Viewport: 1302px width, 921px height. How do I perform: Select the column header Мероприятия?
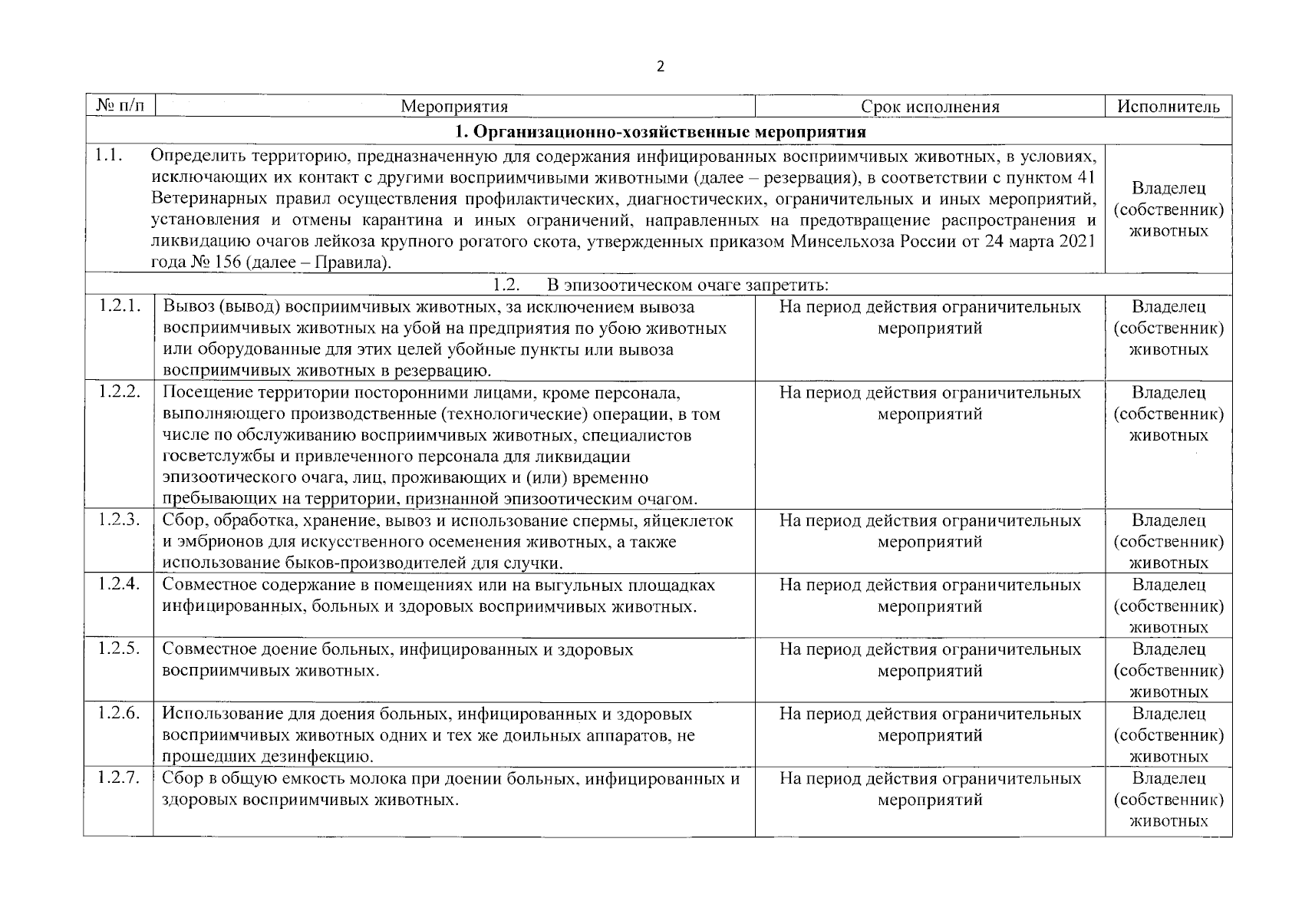pos(454,107)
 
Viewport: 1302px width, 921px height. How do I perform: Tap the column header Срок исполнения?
pos(930,107)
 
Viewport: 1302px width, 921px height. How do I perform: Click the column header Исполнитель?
pos(1168,107)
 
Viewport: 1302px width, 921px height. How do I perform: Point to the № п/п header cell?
pos(120,106)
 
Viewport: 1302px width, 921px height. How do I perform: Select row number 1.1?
pos(109,155)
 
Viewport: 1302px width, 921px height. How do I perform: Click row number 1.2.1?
pos(120,307)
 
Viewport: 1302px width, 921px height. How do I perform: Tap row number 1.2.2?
pos(120,392)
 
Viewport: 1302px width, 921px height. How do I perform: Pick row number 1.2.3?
pos(120,520)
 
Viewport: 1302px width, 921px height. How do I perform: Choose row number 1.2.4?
pos(120,585)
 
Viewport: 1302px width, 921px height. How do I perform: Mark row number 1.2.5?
pos(120,649)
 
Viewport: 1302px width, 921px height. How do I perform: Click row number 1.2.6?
pos(120,714)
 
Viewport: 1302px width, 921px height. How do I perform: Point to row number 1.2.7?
pos(120,778)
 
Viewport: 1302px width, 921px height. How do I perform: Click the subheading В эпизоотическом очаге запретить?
pos(687,286)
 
